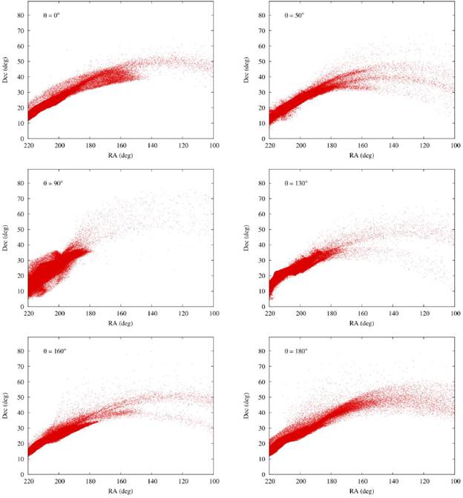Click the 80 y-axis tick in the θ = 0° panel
pyautogui.click(x=20, y=15)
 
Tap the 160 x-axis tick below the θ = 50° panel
pyautogui.click(x=362, y=145)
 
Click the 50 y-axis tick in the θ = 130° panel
pyautogui.click(x=262, y=230)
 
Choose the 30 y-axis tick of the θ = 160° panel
pyautogui.click(x=20, y=428)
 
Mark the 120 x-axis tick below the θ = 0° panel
pyautogui.click(x=183, y=145)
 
